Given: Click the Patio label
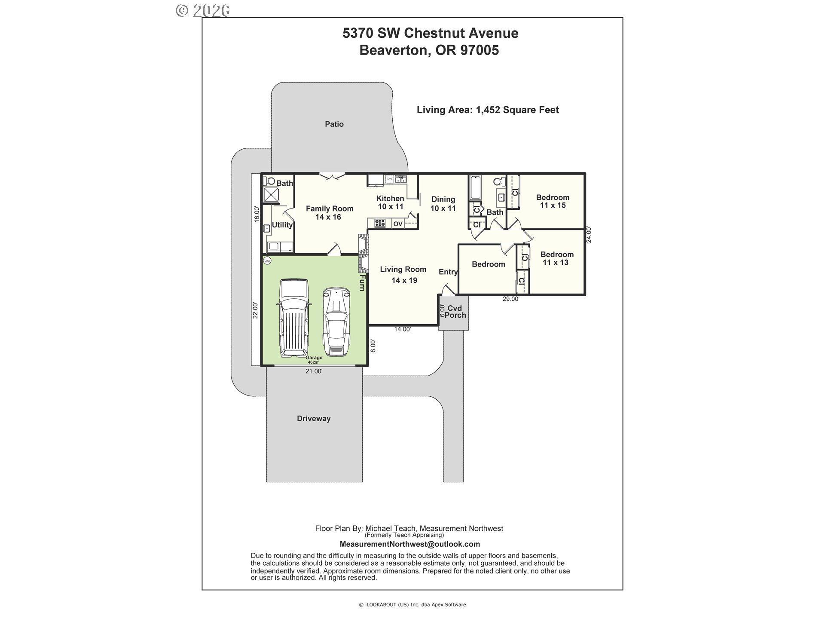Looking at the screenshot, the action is pyautogui.click(x=334, y=124).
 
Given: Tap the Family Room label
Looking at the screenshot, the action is pyautogui.click(x=330, y=213).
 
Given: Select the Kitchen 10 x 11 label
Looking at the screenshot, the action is pyautogui.click(x=390, y=202).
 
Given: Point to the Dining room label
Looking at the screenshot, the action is pyautogui.click(x=443, y=204).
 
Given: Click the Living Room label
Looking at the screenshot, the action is pyautogui.click(x=403, y=275).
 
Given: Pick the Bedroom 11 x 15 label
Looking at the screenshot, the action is pyautogui.click(x=553, y=201).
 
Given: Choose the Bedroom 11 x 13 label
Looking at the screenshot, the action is pyautogui.click(x=557, y=258).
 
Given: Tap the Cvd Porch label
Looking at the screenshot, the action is pyautogui.click(x=455, y=312).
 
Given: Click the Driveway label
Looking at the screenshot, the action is pyautogui.click(x=314, y=419).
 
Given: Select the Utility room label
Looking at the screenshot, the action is pyautogui.click(x=282, y=225).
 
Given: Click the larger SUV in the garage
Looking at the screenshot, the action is pyautogui.click(x=294, y=318).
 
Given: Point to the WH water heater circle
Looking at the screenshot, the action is pyautogui.click(x=267, y=260).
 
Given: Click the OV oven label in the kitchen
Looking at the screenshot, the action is pyautogui.click(x=398, y=224).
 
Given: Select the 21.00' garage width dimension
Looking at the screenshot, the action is pyautogui.click(x=314, y=371).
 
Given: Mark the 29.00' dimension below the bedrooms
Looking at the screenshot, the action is pyautogui.click(x=511, y=299).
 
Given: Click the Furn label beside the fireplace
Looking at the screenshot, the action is pyautogui.click(x=362, y=283).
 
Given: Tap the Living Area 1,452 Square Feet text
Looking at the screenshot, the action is pyautogui.click(x=488, y=110).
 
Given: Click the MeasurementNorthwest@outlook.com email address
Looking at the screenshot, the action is pyautogui.click(x=410, y=544).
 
